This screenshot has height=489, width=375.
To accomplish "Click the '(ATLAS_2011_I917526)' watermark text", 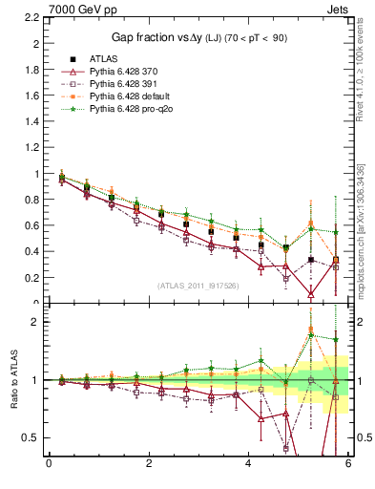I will (198, 287).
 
